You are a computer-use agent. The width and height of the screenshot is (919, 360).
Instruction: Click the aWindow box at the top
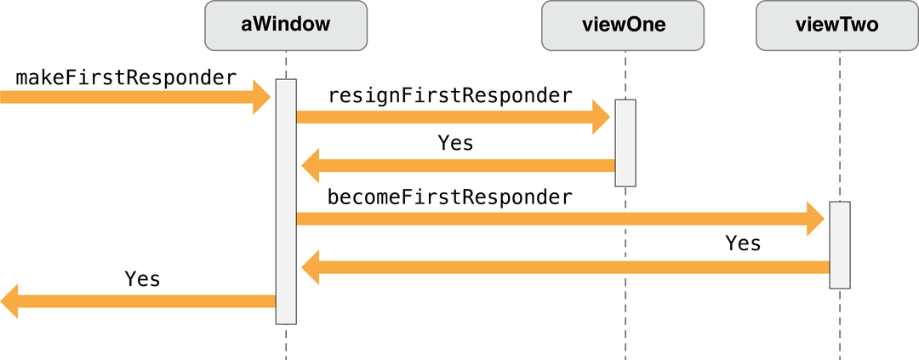click(286, 25)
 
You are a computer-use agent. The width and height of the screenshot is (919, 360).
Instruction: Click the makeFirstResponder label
click(126, 77)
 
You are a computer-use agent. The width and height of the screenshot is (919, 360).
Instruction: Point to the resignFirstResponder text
click(450, 95)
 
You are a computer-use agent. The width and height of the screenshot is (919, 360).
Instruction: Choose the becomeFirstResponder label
click(450, 197)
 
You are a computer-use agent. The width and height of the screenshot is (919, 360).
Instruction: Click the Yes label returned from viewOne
click(455, 143)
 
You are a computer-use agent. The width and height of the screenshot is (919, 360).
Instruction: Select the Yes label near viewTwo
click(743, 243)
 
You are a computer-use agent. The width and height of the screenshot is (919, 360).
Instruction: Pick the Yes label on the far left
click(142, 278)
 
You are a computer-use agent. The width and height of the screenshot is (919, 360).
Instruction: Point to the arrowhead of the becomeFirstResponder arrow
click(815, 220)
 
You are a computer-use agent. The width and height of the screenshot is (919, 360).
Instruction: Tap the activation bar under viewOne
click(625, 142)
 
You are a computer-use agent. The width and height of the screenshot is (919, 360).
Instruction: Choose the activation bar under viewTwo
click(840, 245)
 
